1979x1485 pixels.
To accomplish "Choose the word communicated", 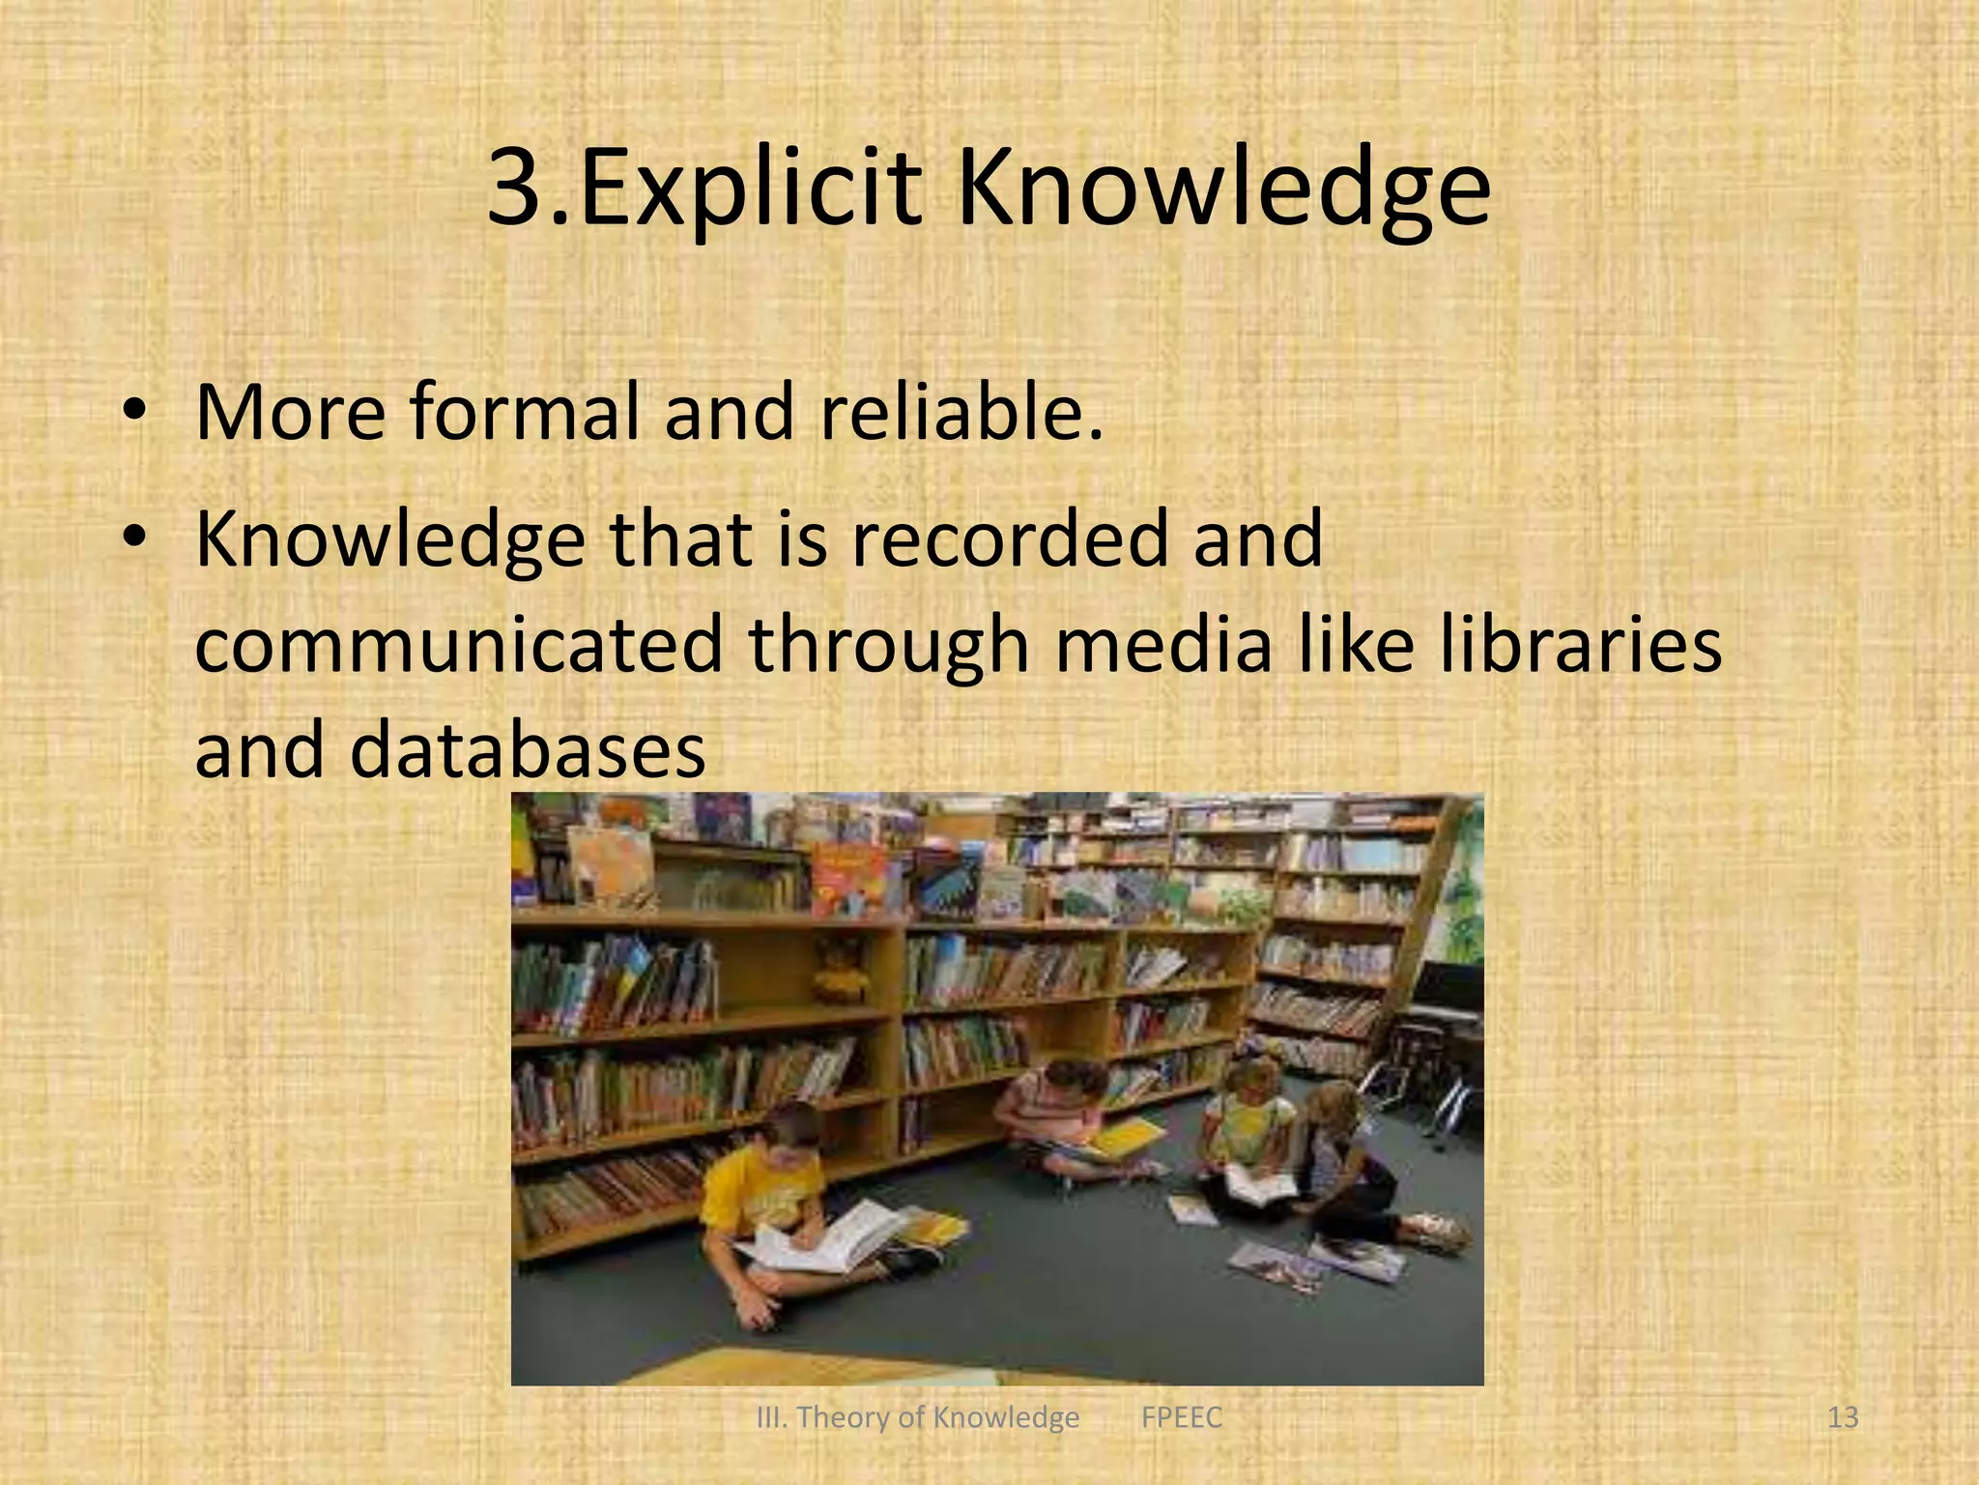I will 458,645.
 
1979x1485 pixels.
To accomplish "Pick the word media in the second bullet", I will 1162,645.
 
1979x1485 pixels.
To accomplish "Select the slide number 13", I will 1843,1417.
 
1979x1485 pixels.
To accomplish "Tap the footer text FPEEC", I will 1181,1417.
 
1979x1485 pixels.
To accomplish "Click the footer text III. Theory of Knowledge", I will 917,1417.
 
